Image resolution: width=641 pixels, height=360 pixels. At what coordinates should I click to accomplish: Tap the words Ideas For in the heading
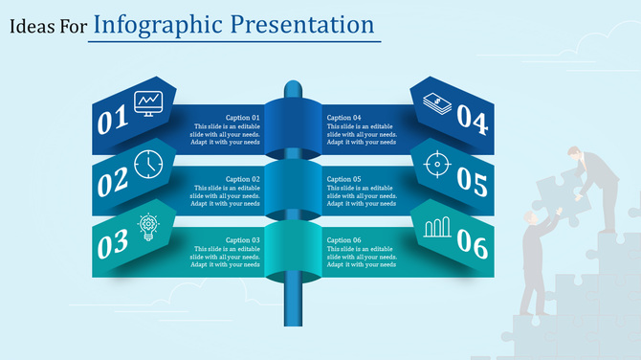[x=48, y=27]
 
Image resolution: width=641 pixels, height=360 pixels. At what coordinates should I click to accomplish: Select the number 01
[x=112, y=121]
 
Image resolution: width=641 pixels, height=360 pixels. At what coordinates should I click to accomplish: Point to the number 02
[x=112, y=182]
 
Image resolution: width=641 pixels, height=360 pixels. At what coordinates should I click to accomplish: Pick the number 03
[x=113, y=242]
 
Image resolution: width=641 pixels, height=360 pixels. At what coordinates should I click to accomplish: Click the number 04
[x=472, y=118]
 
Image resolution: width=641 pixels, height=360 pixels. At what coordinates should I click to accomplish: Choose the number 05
[x=472, y=180]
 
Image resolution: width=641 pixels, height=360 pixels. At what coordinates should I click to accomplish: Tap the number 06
[x=473, y=245]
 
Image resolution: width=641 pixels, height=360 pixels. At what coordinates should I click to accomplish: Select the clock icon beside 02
[x=149, y=165]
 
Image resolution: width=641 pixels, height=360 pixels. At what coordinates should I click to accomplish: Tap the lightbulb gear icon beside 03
[x=149, y=226]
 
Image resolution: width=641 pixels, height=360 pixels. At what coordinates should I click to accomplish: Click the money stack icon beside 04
[x=436, y=101]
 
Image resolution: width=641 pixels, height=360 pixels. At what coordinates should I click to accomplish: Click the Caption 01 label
[x=243, y=118]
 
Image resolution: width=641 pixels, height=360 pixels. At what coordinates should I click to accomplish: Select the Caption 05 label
[x=343, y=179]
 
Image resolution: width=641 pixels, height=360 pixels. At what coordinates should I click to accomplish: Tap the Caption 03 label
[x=243, y=240]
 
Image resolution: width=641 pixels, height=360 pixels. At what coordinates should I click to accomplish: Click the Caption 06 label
[x=343, y=240]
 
